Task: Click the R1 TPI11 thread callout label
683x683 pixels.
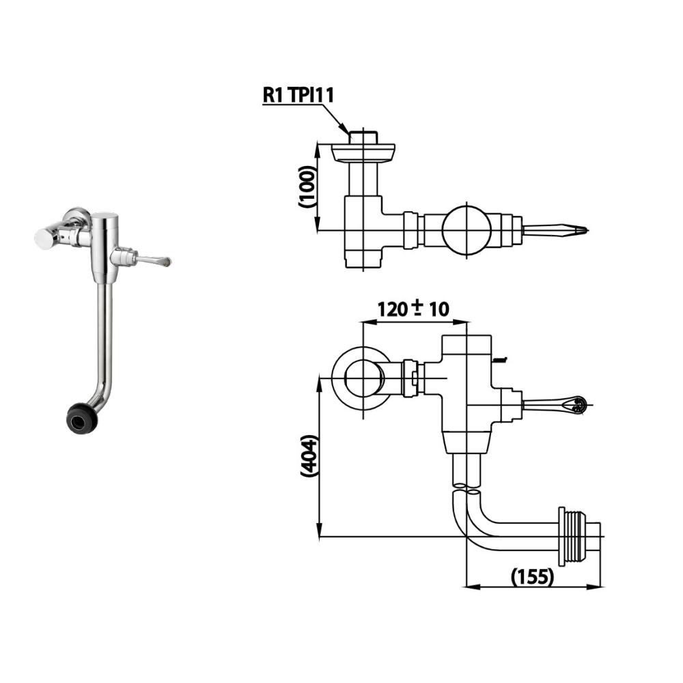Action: [x=298, y=95]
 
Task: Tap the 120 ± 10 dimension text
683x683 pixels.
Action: [x=413, y=309]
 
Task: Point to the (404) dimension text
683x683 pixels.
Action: [x=309, y=455]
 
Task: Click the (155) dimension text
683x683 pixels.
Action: [x=532, y=576]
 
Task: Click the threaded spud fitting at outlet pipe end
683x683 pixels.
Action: [x=577, y=537]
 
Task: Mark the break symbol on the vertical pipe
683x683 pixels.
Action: [x=467, y=488]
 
